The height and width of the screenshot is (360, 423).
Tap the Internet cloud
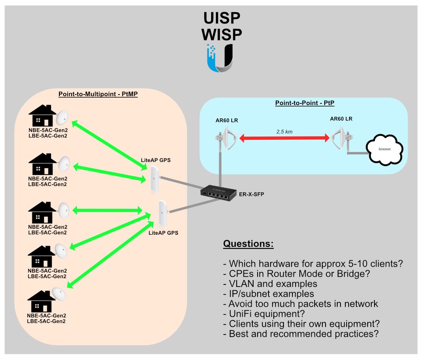point(385,150)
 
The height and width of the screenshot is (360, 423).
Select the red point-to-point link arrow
point(284,139)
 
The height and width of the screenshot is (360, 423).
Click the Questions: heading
point(248,244)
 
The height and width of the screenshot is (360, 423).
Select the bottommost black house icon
point(41,301)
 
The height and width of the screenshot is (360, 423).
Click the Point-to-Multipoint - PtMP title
point(98,94)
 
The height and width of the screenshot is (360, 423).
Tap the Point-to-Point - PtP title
point(305,103)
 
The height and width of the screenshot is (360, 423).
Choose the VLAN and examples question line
point(270,284)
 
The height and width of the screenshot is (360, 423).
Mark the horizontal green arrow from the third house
point(107,211)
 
